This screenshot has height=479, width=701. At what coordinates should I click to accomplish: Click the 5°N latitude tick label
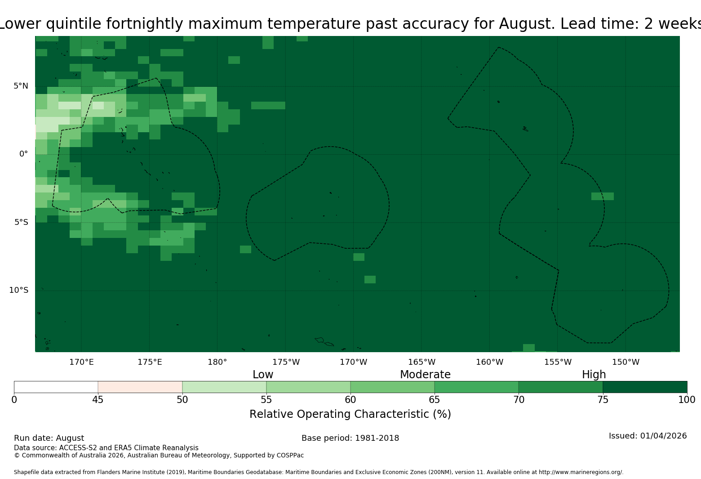click(21, 86)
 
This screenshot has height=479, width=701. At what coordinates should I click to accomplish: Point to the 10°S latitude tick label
click(18, 290)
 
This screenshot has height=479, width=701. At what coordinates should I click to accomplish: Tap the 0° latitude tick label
click(23, 154)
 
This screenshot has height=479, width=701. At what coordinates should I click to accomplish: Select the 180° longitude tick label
click(217, 362)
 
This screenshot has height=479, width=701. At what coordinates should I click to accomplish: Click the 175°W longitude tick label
click(286, 362)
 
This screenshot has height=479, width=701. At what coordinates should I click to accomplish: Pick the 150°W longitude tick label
click(626, 362)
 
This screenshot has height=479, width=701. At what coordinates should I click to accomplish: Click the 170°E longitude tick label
click(81, 362)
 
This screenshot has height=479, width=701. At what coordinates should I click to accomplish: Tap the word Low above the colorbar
click(263, 374)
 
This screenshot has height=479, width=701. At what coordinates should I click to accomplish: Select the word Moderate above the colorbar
click(425, 374)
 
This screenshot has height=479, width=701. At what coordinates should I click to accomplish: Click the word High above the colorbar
click(594, 375)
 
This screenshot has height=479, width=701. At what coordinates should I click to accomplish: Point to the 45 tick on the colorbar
click(98, 400)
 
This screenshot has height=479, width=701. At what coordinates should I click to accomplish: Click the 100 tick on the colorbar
click(687, 400)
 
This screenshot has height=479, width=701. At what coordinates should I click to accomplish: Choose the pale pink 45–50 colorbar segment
click(140, 387)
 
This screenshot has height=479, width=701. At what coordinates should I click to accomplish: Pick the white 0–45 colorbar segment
click(56, 387)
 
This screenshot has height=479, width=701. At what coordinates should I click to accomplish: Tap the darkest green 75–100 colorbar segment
click(645, 387)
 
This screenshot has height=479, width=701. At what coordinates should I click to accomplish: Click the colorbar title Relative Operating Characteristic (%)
click(350, 414)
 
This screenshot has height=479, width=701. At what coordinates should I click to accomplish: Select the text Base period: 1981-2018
click(350, 438)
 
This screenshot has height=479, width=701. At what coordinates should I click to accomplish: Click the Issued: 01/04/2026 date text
click(648, 436)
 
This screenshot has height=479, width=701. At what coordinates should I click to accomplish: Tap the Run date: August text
click(49, 438)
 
